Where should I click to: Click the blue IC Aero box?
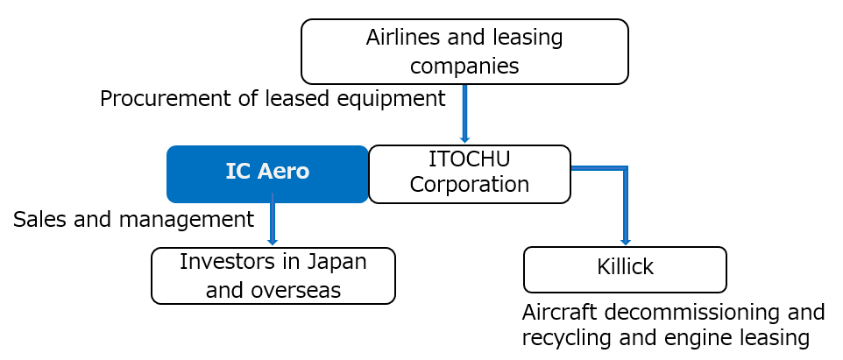pos(267,174)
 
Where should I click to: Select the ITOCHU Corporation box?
pos(470,174)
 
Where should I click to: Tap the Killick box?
pos(625,270)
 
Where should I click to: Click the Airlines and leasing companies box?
pos(464,52)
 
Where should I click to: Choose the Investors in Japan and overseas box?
pos(273,276)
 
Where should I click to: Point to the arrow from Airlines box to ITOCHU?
pos(465,113)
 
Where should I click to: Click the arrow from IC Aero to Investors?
pos(273,219)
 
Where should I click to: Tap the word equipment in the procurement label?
pos(392,99)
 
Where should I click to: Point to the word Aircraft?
pos(564,312)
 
